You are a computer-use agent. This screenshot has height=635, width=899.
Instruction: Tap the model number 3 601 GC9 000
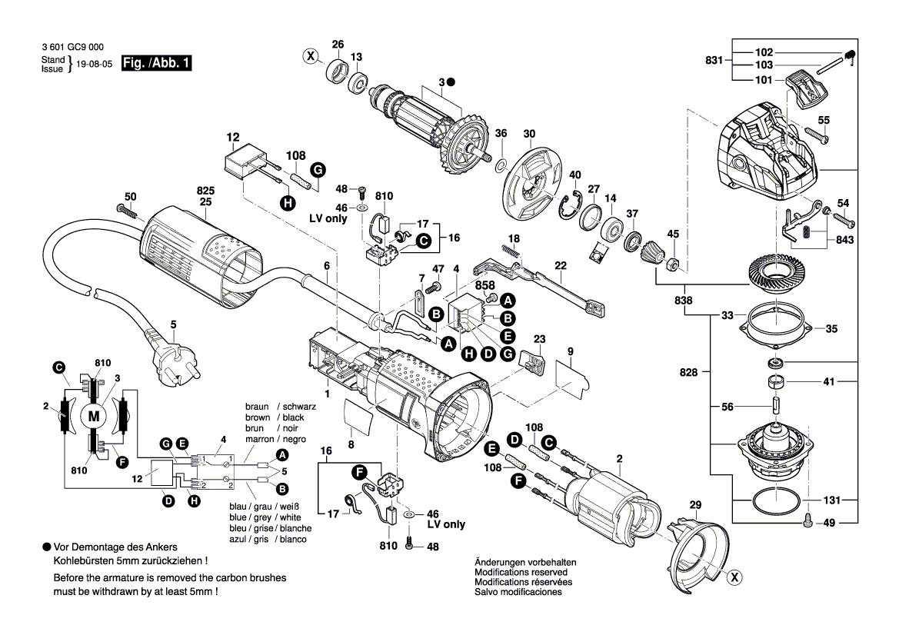[74, 47]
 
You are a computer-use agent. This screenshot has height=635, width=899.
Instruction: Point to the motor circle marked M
[95, 416]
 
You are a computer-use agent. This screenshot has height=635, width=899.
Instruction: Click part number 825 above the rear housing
[205, 190]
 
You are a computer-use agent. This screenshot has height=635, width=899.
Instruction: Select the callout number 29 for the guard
[695, 505]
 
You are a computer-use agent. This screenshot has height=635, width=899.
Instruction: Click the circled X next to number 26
[311, 55]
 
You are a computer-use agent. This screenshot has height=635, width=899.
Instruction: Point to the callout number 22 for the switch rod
[561, 265]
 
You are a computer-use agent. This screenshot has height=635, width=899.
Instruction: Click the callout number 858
[485, 284]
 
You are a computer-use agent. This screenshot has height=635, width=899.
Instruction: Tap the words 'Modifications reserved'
[521, 573]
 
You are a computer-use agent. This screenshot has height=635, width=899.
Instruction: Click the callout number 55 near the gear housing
[824, 120]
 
